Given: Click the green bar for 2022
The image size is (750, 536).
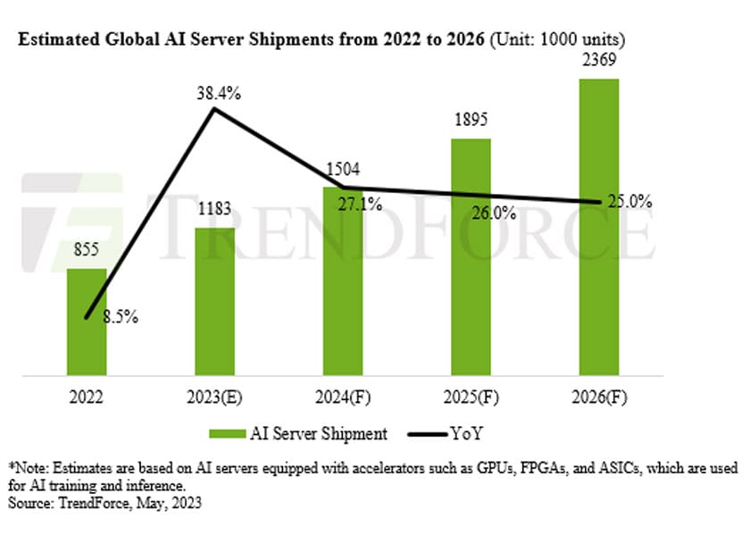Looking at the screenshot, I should point(87,322).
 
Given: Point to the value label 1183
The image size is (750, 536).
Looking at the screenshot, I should point(214,211).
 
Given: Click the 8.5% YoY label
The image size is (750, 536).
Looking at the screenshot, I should point(119,316).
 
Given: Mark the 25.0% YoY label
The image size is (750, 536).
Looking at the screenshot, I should point(630,203).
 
